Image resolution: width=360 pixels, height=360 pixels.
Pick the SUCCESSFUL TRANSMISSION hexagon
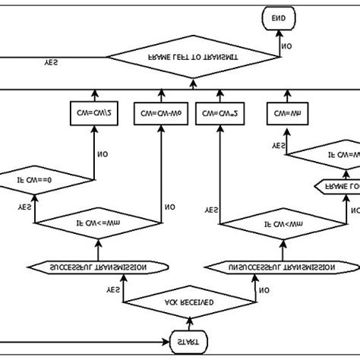[x=98, y=267]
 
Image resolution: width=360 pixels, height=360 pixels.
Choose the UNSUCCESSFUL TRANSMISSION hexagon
[x=283, y=267]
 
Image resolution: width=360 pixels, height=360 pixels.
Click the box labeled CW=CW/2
[x=92, y=115]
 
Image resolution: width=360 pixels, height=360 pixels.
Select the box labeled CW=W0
[x=160, y=115]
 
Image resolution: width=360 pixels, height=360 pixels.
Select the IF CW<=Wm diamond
[x=98, y=223]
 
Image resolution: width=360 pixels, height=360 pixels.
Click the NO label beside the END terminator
[x=287, y=46]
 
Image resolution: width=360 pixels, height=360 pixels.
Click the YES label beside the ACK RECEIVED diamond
[x=114, y=289]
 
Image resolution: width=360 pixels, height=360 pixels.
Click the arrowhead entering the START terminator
[x=165, y=343]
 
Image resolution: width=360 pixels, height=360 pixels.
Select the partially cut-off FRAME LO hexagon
[x=338, y=185]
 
